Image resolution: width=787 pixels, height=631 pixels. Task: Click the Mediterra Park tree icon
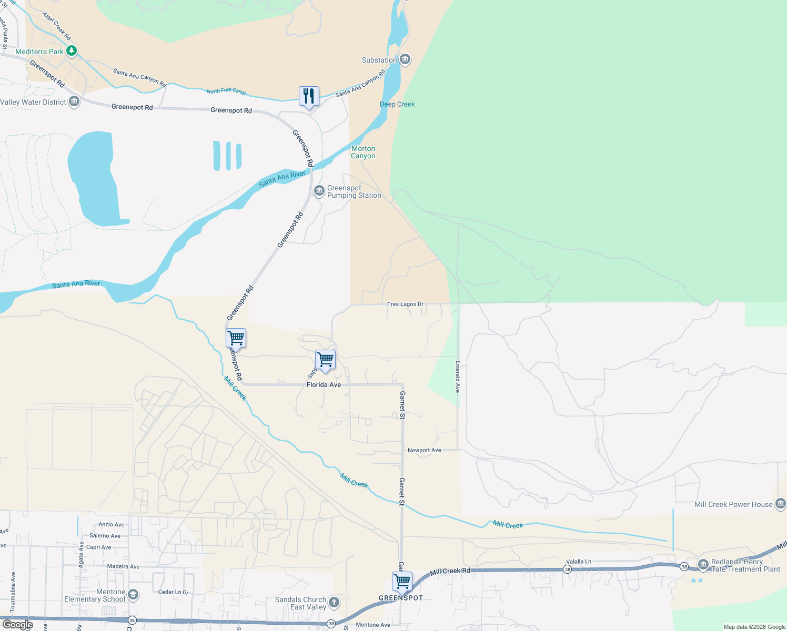tap(72, 51)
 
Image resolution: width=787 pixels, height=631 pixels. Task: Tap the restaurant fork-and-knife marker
tap(309, 96)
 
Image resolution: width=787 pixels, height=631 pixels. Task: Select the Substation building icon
tap(405, 59)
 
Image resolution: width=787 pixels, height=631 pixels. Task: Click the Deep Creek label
tap(397, 104)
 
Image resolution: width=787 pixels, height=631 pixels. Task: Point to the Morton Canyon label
tap(363, 152)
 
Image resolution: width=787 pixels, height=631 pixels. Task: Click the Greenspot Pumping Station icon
tap(319, 191)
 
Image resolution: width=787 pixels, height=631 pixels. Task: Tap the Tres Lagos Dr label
tap(405, 304)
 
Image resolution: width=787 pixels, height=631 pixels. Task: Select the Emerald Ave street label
tap(458, 376)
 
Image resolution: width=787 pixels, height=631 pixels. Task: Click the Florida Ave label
tap(324, 385)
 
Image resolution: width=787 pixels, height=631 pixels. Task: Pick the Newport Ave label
tap(424, 450)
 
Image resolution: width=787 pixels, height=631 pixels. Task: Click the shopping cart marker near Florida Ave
tap(325, 360)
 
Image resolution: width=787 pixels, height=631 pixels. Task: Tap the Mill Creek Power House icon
tap(780, 504)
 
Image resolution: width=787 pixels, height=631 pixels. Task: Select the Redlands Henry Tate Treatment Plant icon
tap(703, 565)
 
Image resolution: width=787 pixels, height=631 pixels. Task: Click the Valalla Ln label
tap(578, 562)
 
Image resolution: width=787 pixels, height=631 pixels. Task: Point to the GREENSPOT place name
tap(401, 598)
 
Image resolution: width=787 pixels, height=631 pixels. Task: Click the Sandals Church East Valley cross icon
tap(334, 602)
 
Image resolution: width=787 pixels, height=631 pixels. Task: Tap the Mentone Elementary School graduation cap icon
tap(133, 595)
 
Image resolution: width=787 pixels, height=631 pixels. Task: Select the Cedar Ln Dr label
tap(173, 592)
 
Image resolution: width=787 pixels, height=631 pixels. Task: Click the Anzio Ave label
tap(112, 524)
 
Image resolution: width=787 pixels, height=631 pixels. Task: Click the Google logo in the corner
tap(18, 625)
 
